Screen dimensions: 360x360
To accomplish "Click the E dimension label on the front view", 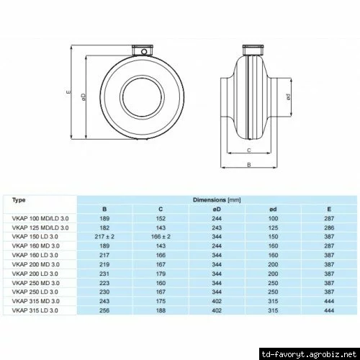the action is pyautogui.click(x=68, y=91).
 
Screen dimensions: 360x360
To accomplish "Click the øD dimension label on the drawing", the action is pyautogui.click(x=84, y=97).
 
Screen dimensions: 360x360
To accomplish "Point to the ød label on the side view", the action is pyautogui.click(x=289, y=97).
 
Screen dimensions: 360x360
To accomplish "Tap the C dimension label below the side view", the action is pyautogui.click(x=249, y=150).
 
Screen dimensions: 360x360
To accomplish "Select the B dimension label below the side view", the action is pyautogui.click(x=249, y=165).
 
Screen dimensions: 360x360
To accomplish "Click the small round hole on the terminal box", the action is pyautogui.click(x=144, y=52).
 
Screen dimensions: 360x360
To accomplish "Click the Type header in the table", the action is pyautogui.click(x=19, y=200).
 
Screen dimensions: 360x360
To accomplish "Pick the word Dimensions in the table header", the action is pyautogui.click(x=210, y=199).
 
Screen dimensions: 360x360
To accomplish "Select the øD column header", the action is pyautogui.click(x=217, y=210).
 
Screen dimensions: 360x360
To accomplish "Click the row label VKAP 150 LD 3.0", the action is pyautogui.click(x=35, y=237).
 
